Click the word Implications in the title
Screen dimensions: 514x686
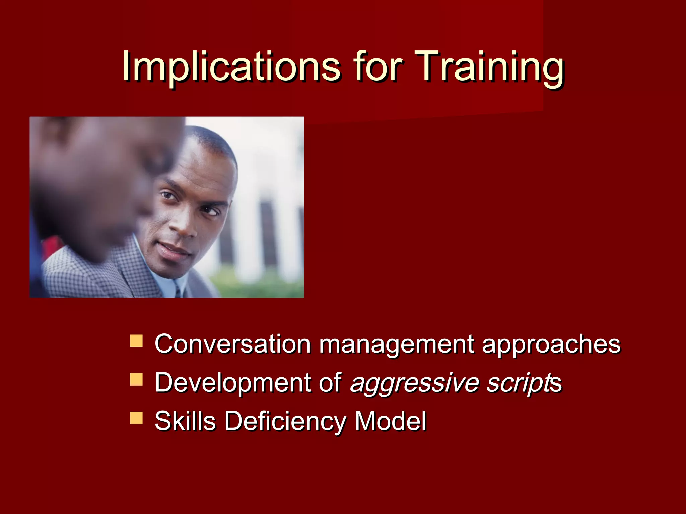coord(231,67)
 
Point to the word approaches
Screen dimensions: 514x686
coord(551,345)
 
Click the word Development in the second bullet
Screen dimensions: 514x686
coord(232,383)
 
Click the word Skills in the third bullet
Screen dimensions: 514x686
coord(185,421)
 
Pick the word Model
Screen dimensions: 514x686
coord(390,421)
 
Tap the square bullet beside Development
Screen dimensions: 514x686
coord(136,379)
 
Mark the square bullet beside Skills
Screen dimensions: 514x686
coord(136,418)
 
